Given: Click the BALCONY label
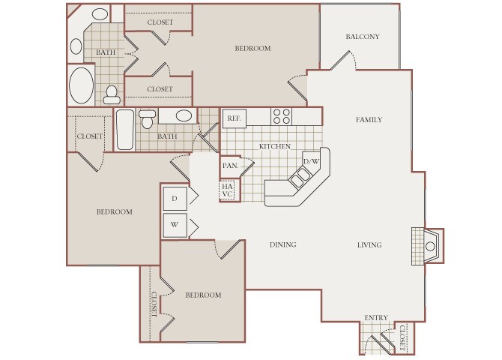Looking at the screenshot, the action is [x=363, y=37].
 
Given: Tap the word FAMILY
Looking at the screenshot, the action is [x=369, y=119].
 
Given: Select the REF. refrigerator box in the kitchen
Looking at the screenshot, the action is [x=235, y=118].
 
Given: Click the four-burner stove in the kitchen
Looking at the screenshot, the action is [x=282, y=116].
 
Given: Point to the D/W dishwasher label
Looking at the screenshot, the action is [x=311, y=161].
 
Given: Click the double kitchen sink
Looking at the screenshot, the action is [x=300, y=177].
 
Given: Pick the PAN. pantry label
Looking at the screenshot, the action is [x=231, y=166].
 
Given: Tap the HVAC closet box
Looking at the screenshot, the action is [x=227, y=190].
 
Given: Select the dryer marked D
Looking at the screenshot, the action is [x=175, y=199].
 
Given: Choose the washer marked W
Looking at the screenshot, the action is [x=175, y=225].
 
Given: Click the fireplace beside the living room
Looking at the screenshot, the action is [x=427, y=246].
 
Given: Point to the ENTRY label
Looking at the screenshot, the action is [x=376, y=318].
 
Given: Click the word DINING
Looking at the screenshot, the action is [x=282, y=244].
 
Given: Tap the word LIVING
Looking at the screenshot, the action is [x=369, y=245].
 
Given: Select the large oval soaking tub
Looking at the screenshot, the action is [x=82, y=85].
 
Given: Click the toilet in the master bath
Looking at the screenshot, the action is [x=112, y=95].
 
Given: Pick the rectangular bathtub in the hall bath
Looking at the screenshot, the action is [x=125, y=130].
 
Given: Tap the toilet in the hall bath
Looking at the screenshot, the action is [x=148, y=119].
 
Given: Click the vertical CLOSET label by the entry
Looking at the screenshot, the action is [x=402, y=338].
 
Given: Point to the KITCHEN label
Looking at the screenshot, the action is [x=275, y=146].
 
